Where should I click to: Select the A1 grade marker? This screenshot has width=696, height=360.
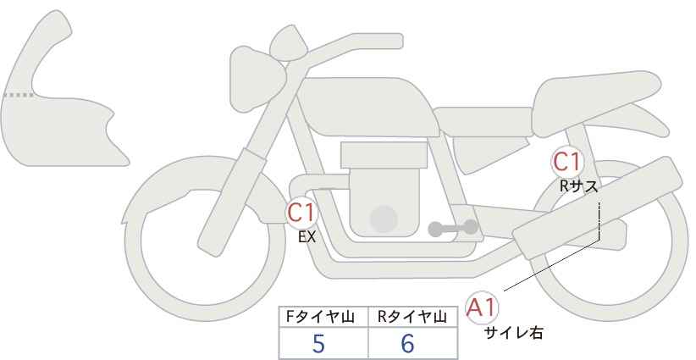[x=483, y=307]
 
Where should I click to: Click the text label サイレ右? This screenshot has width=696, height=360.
[x=513, y=333]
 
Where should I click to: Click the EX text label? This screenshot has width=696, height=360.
[x=307, y=238]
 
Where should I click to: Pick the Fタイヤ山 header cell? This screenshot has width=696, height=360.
[x=324, y=317]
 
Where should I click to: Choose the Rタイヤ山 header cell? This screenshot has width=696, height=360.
[x=413, y=317]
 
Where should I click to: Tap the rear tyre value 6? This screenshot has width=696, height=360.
[x=408, y=343]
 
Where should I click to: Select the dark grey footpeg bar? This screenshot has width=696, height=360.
[x=454, y=228]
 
